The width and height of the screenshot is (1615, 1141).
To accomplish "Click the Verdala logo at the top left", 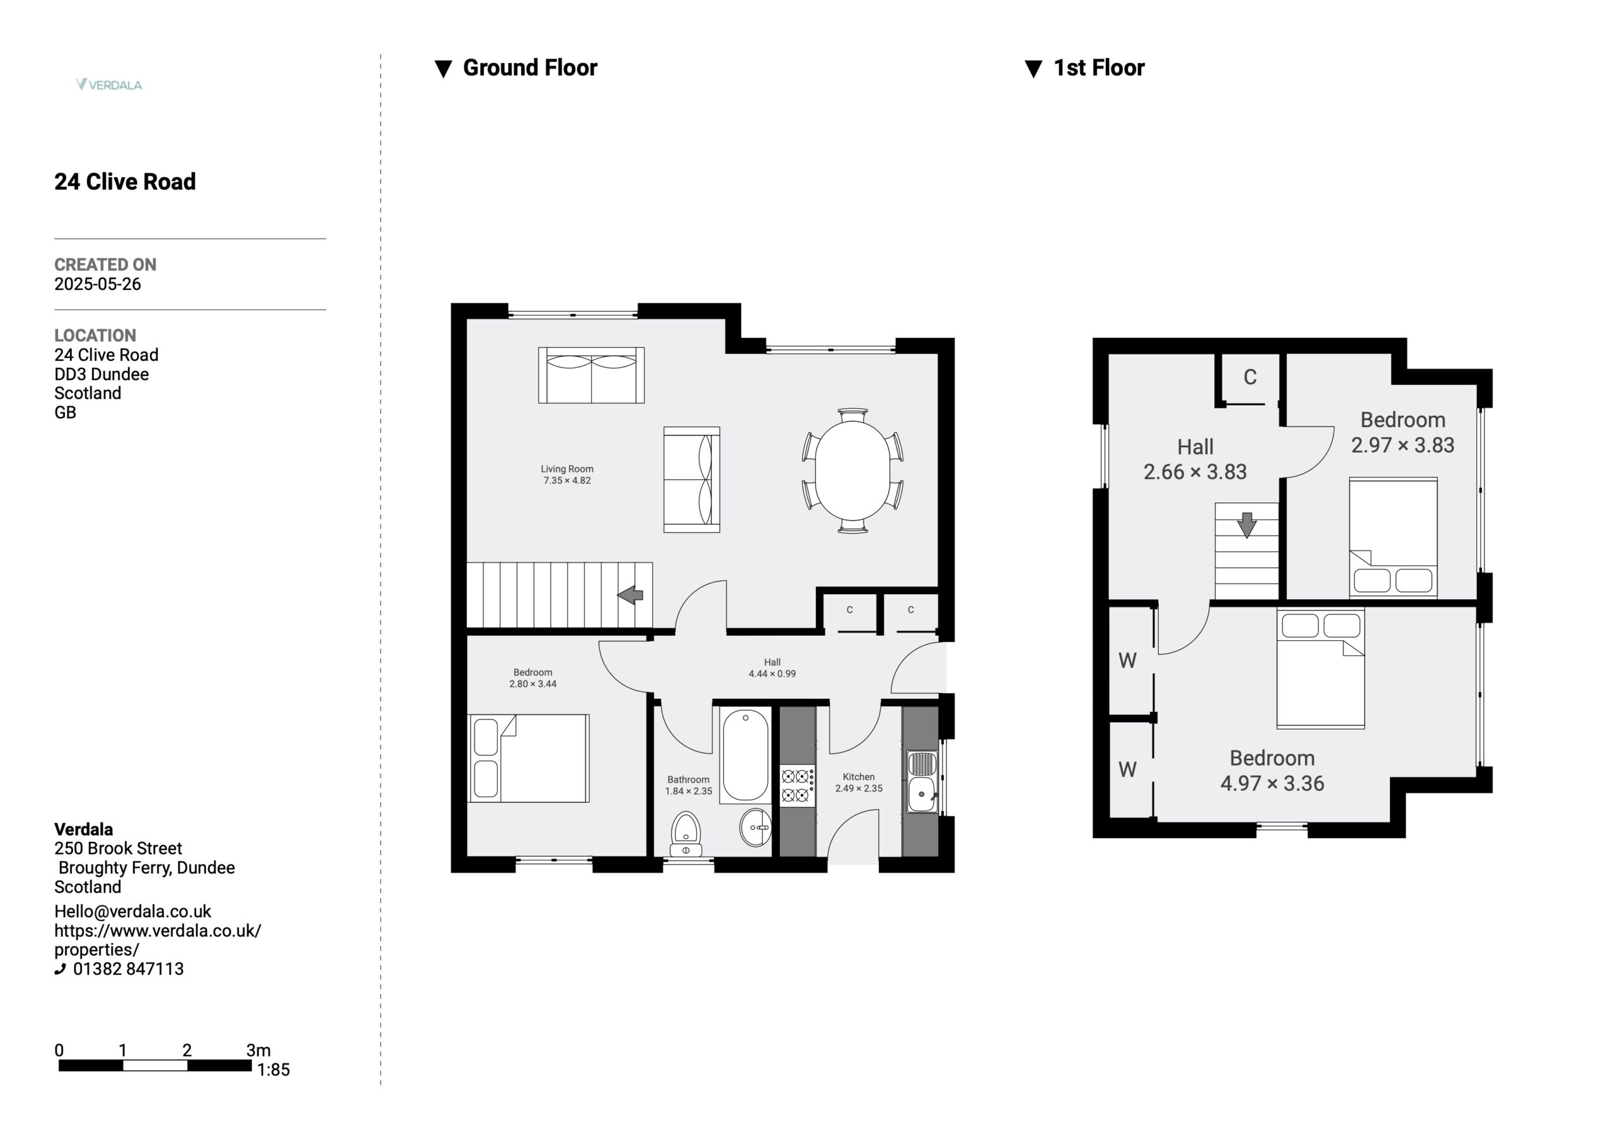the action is coord(109,85).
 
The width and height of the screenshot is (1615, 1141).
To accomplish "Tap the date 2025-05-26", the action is coord(98,284).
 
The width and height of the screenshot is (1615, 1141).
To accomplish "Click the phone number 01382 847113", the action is coord(128,969).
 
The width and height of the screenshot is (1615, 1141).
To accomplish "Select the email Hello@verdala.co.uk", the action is coord(133,911).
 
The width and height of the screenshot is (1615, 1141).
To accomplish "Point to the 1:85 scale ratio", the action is coord(273,1070).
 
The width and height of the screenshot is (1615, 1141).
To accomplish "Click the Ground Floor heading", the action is coord(530,67).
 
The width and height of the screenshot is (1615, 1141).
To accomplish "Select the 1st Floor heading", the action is coord(1099,67).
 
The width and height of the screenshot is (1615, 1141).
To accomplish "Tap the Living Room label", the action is coord(567,469).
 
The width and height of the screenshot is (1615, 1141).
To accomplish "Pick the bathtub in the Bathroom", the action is coord(746,755).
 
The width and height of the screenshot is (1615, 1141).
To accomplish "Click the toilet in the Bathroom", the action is coord(685,834).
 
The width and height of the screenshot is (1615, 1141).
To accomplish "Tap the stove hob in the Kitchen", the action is coord(797,786).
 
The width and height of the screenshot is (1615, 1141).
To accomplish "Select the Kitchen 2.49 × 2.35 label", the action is coord(859,782).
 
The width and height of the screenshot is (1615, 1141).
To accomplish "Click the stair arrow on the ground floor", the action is coord(630,595).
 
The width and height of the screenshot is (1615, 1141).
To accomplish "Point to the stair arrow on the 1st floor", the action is coord(1247,525).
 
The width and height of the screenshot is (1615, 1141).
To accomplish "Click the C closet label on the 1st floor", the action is coord(1250,377).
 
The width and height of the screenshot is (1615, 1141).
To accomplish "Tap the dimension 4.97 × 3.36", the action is coord(1272,783).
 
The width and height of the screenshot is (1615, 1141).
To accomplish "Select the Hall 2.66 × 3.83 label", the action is coord(1195,459).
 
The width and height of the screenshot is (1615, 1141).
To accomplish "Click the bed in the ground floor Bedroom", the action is coord(529,758).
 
